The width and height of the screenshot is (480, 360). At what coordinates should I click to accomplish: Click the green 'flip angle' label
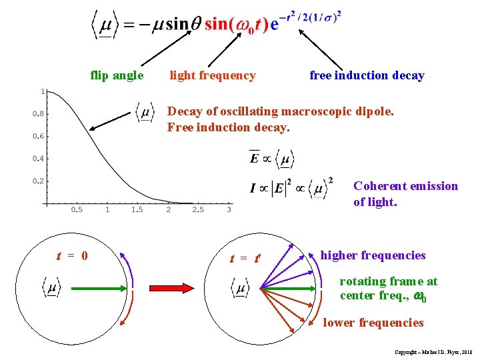pyautogui.click(x=117, y=75)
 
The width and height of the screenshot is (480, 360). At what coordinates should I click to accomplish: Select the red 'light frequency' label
pyautogui.click(x=212, y=75)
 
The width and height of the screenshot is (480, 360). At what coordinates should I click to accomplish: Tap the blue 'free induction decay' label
pyautogui.click(x=367, y=75)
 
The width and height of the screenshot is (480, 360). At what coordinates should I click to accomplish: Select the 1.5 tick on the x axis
pyautogui.click(x=137, y=210)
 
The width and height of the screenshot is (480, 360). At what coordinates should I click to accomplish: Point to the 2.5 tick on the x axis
pyautogui.click(x=198, y=210)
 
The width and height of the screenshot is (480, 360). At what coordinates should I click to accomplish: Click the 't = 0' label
pyautogui.click(x=72, y=256)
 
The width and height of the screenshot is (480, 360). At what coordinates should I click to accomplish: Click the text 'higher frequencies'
pyautogui.click(x=373, y=255)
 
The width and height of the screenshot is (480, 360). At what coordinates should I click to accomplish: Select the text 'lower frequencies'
pyautogui.click(x=373, y=323)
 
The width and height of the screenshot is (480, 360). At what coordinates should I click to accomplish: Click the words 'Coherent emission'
pyautogui.click(x=405, y=186)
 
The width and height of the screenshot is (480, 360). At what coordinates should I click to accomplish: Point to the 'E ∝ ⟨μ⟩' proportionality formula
pyautogui.click(x=271, y=158)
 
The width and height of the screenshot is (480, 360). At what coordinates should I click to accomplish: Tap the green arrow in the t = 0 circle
pyautogui.click(x=100, y=288)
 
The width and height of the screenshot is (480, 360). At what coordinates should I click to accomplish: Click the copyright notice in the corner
pyautogui.click(x=433, y=351)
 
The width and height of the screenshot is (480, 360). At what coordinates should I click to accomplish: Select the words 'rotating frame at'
pyautogui.click(x=389, y=281)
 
